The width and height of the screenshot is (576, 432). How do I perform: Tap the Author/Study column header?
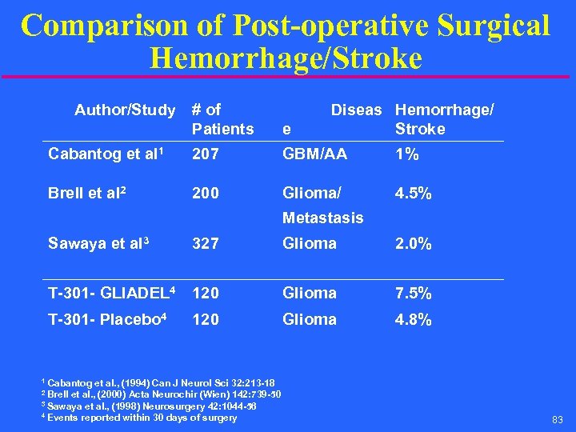(x=125, y=110)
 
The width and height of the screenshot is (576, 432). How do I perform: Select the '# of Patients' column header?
(x=222, y=119)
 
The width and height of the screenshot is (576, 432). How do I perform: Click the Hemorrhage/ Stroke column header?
(x=444, y=119)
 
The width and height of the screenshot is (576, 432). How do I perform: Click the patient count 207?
(x=205, y=154)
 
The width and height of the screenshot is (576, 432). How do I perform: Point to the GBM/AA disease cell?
(x=315, y=154)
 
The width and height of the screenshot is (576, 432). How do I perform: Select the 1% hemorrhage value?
(x=407, y=154)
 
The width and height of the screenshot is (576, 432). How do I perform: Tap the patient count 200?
(x=205, y=193)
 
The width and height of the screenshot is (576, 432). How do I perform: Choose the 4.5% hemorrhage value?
(x=414, y=193)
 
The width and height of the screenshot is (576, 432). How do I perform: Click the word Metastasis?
(x=323, y=218)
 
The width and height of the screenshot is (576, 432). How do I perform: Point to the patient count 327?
(x=205, y=243)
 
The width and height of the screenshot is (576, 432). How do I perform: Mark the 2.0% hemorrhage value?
(x=414, y=243)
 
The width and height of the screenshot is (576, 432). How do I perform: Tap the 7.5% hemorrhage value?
(x=414, y=293)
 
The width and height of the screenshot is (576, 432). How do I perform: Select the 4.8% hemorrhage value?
(x=414, y=319)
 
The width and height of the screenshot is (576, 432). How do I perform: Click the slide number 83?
(x=557, y=420)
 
